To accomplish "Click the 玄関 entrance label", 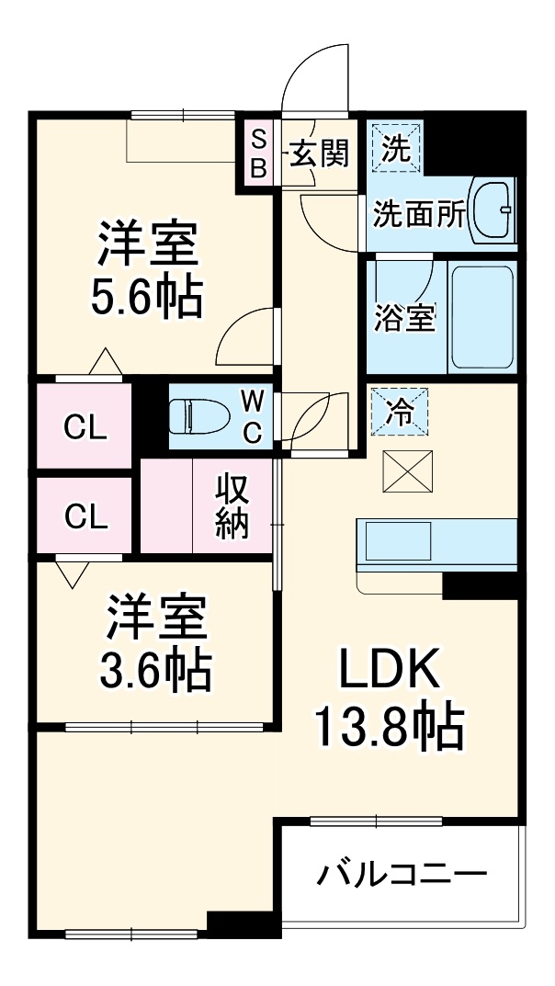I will [x=320, y=153].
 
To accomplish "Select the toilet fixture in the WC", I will [x=201, y=415].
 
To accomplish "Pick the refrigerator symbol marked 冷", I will [x=396, y=410].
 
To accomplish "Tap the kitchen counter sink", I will [x=398, y=541].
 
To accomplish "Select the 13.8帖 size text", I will [x=390, y=726].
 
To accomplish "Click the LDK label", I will [x=391, y=672].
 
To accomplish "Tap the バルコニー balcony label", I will [x=402, y=874].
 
